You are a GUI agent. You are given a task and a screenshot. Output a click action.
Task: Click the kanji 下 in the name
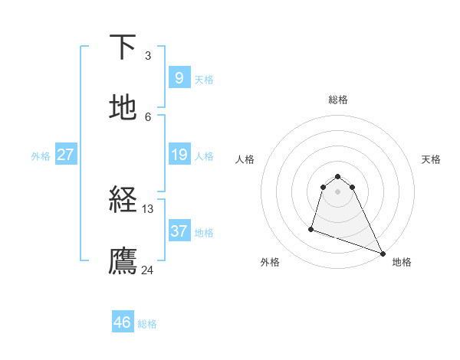point(123,47)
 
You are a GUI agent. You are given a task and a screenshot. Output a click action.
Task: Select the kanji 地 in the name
point(123,108)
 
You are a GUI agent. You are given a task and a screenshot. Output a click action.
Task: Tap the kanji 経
point(123,200)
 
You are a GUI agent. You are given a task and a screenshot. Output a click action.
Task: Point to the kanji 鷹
point(123,261)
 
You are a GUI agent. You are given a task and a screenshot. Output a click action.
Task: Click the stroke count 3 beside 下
point(148,55)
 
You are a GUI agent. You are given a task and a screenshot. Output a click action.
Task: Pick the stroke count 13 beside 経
point(148,208)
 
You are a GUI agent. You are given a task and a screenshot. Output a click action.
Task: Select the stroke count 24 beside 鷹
point(148,270)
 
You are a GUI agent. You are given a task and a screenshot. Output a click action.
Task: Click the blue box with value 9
point(179,77)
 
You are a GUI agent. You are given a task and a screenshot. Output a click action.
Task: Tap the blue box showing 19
point(179,155)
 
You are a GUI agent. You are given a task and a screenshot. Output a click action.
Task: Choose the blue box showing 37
point(179,231)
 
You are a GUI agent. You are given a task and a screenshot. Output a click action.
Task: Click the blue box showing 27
point(66,155)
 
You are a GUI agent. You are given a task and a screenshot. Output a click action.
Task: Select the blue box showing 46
point(123,322)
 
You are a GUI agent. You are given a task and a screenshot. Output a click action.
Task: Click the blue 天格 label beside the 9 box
point(204,80)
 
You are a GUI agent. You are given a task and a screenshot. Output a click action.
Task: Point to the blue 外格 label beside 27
point(41,156)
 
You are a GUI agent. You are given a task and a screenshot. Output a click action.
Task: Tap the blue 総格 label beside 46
point(147,324)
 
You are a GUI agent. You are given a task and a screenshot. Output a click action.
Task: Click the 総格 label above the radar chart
point(338,100)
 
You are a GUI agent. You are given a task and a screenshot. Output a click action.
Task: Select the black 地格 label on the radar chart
point(402,262)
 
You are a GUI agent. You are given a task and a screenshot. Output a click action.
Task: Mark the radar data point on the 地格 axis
point(383,254)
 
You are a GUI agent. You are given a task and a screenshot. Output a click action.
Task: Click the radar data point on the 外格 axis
point(311,228)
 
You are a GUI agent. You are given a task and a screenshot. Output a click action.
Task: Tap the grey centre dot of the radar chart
point(338,191)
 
